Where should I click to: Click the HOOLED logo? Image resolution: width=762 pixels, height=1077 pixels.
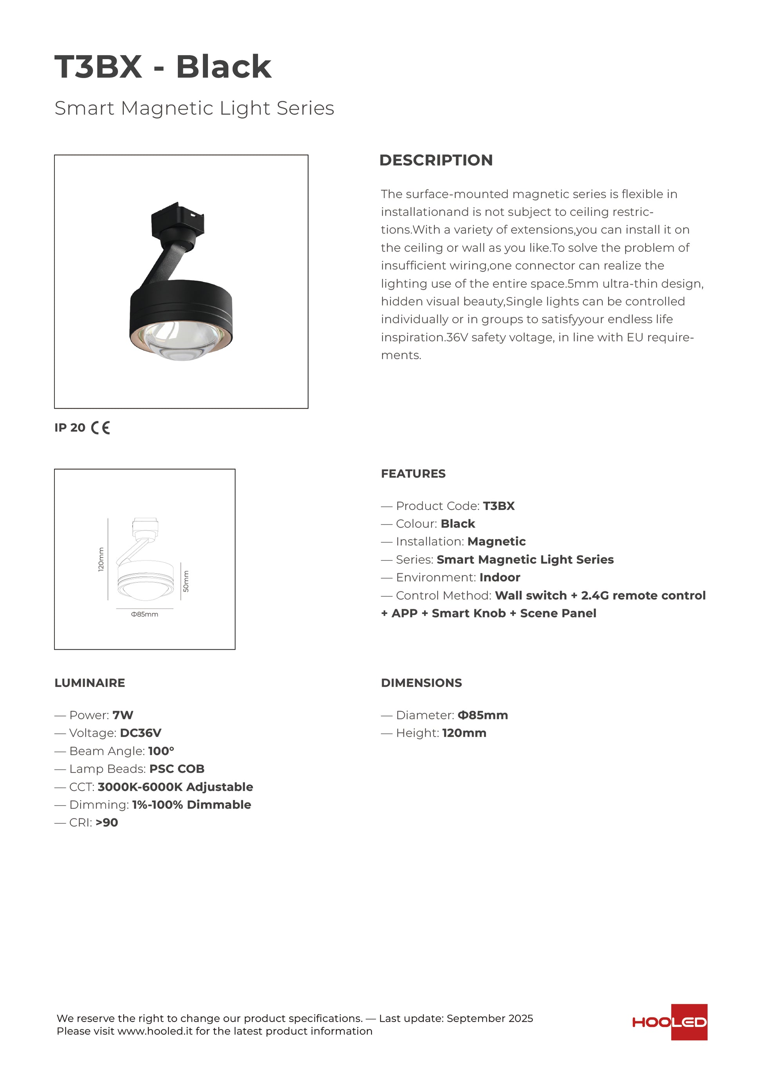coord(670,1022)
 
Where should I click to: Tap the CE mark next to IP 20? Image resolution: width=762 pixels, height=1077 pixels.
coord(100,428)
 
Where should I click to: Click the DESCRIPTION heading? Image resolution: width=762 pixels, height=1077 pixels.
coord(436,160)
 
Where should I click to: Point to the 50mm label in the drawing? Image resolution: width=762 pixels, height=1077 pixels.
coord(186,581)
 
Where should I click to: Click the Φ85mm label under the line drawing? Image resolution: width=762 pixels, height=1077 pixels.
coord(144,614)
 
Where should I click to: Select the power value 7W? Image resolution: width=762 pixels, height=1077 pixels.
coord(123,715)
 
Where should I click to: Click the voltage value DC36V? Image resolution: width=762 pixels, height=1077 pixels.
coord(141,733)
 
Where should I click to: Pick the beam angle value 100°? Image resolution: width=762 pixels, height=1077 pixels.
coord(161,751)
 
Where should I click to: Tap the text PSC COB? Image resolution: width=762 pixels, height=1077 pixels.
coord(177,769)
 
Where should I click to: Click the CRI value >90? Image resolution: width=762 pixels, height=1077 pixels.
coord(107,822)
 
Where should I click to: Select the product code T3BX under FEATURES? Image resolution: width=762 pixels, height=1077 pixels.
coord(499,506)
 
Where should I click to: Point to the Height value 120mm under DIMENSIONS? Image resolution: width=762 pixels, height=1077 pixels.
coord(464,733)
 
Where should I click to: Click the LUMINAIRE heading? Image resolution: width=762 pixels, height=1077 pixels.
coord(90,683)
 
